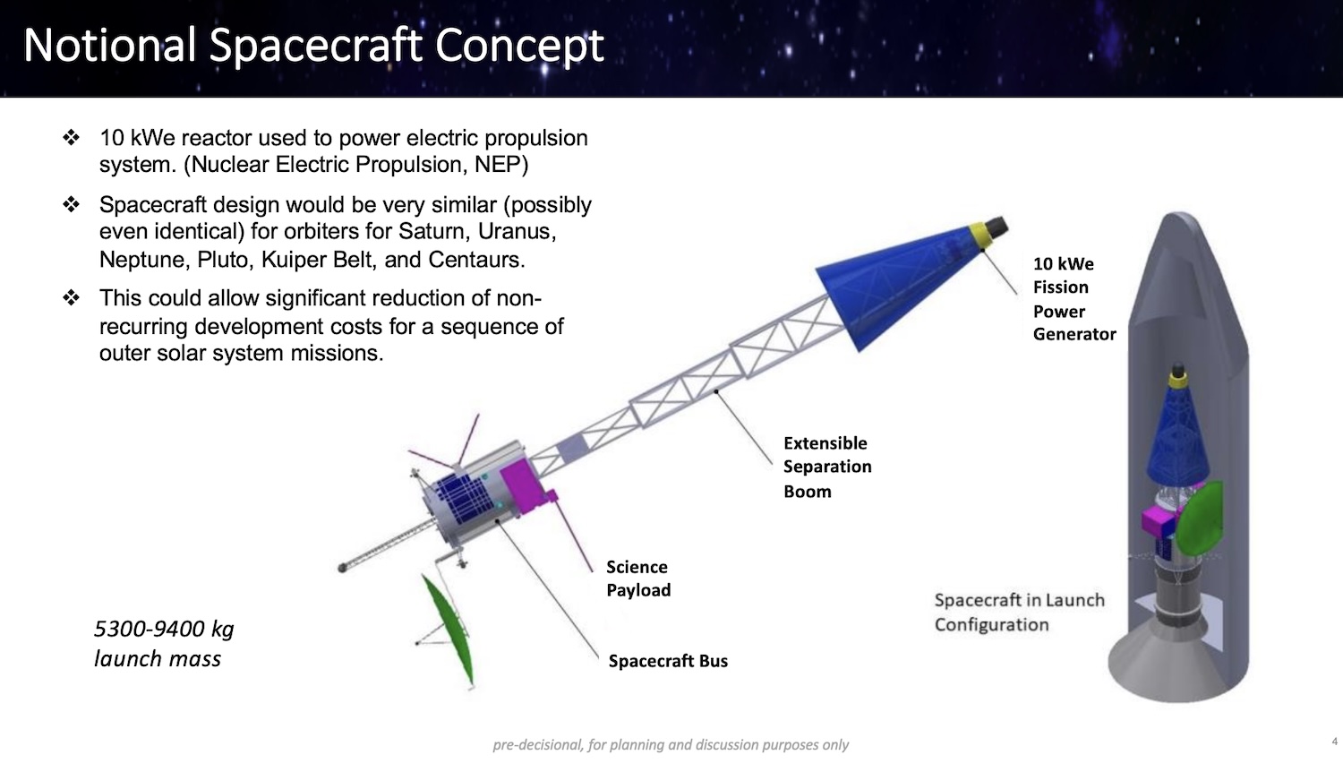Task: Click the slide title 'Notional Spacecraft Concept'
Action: coord(313,46)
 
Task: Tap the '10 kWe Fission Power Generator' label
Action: coord(1074,299)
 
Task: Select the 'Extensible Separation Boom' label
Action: coord(827,467)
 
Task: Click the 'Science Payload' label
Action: coord(637,579)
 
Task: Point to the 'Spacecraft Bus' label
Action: coord(668,660)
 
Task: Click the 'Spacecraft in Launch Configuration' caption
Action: coord(1019,612)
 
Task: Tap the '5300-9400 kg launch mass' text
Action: coord(164,644)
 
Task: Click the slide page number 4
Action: coord(1335,742)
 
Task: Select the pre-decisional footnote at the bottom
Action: coord(671,744)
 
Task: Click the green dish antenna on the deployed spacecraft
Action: coord(449,630)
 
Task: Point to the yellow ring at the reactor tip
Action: coord(981,236)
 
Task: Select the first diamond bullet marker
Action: coord(71,137)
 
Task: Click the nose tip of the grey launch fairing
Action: coord(1179,213)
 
